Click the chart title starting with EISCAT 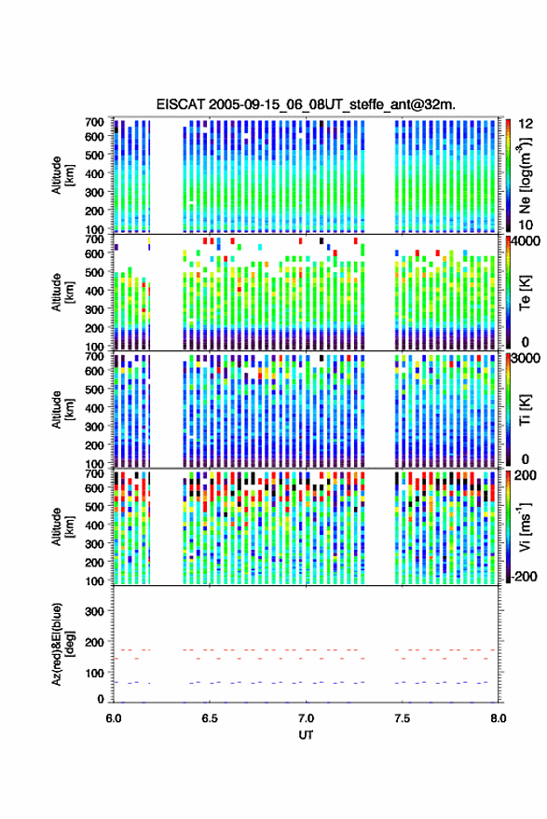click(x=306, y=104)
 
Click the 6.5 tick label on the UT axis click(x=210, y=718)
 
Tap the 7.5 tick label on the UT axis click(x=403, y=718)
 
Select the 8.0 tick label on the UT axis click(x=498, y=718)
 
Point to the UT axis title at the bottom click(x=306, y=735)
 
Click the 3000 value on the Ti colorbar click(x=526, y=358)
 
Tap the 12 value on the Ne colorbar click(x=526, y=124)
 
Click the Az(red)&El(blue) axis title click(x=62, y=644)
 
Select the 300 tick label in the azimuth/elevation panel click(x=94, y=611)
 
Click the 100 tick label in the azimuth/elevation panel click(x=94, y=674)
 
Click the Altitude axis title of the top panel click(x=62, y=175)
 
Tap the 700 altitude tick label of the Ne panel click(x=94, y=122)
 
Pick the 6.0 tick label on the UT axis click(x=114, y=718)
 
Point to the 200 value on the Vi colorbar click(x=525, y=475)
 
